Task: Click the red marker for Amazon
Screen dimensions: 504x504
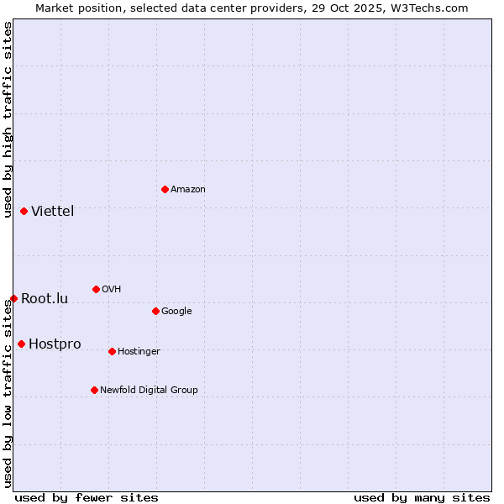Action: pyautogui.click(x=165, y=189)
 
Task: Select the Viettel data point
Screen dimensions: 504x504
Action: pyautogui.click(x=24, y=211)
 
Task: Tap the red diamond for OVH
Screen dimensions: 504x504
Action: pyautogui.click(x=96, y=289)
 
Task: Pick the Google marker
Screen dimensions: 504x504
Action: pyautogui.click(x=155, y=311)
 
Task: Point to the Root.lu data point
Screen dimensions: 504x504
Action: pyautogui.click(x=13, y=298)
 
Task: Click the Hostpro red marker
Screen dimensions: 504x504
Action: pyautogui.click(x=21, y=344)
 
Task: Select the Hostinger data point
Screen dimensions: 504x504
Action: pyautogui.click(x=112, y=351)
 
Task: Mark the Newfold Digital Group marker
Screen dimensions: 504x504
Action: pyautogui.click(x=94, y=390)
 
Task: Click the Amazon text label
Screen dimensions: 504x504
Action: pyautogui.click(x=188, y=189)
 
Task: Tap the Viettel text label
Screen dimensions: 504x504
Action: pyautogui.click(x=53, y=211)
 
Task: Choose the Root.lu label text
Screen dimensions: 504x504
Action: pyautogui.click(x=45, y=298)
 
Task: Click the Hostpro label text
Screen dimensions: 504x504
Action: pyautogui.click(x=55, y=344)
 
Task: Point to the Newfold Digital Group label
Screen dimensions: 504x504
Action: pyautogui.click(x=149, y=390)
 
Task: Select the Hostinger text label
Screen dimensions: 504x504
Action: pyautogui.click(x=139, y=351)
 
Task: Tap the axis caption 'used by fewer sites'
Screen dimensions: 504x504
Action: pyautogui.click(x=87, y=497)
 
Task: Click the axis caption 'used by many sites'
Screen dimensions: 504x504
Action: pyautogui.click(x=422, y=497)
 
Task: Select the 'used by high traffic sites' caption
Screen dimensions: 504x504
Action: pyautogui.click(x=8, y=119)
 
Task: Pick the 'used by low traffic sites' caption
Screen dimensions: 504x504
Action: pyautogui.click(x=8, y=393)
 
